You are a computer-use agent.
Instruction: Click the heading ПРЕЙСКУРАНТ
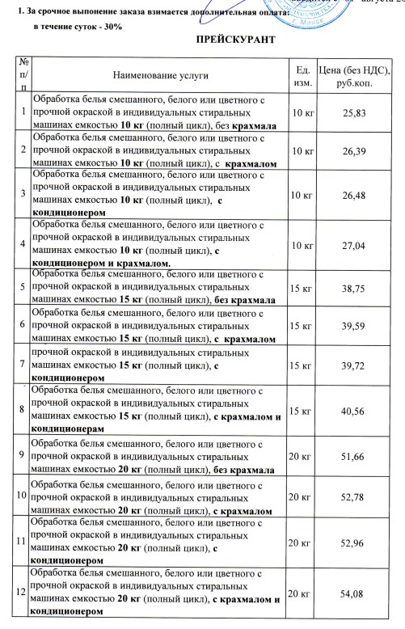coord(241,39)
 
